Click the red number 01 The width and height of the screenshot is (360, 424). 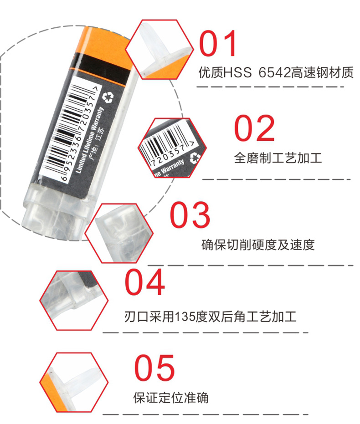coord(218,43)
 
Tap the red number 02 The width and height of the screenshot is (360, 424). coord(255,128)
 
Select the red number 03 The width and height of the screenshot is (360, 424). coord(190,215)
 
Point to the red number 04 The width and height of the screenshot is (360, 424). coord(145,282)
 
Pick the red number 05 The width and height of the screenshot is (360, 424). coord(154,368)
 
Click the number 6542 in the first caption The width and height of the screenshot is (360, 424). coord(274,72)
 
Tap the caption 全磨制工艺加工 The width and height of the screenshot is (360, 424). coord(278,158)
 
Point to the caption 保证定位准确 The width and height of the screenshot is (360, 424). coord(171,398)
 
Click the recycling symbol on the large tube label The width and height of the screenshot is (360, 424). coord(108,97)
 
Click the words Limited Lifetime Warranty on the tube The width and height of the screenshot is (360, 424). coord(89,140)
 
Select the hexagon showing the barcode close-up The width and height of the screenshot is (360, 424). coord(172,148)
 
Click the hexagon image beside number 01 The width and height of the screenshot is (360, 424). coord(159,49)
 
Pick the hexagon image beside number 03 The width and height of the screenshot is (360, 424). coord(119,233)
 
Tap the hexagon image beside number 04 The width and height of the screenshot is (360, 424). coord(74,301)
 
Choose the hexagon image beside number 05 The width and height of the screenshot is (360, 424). coord(74,383)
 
